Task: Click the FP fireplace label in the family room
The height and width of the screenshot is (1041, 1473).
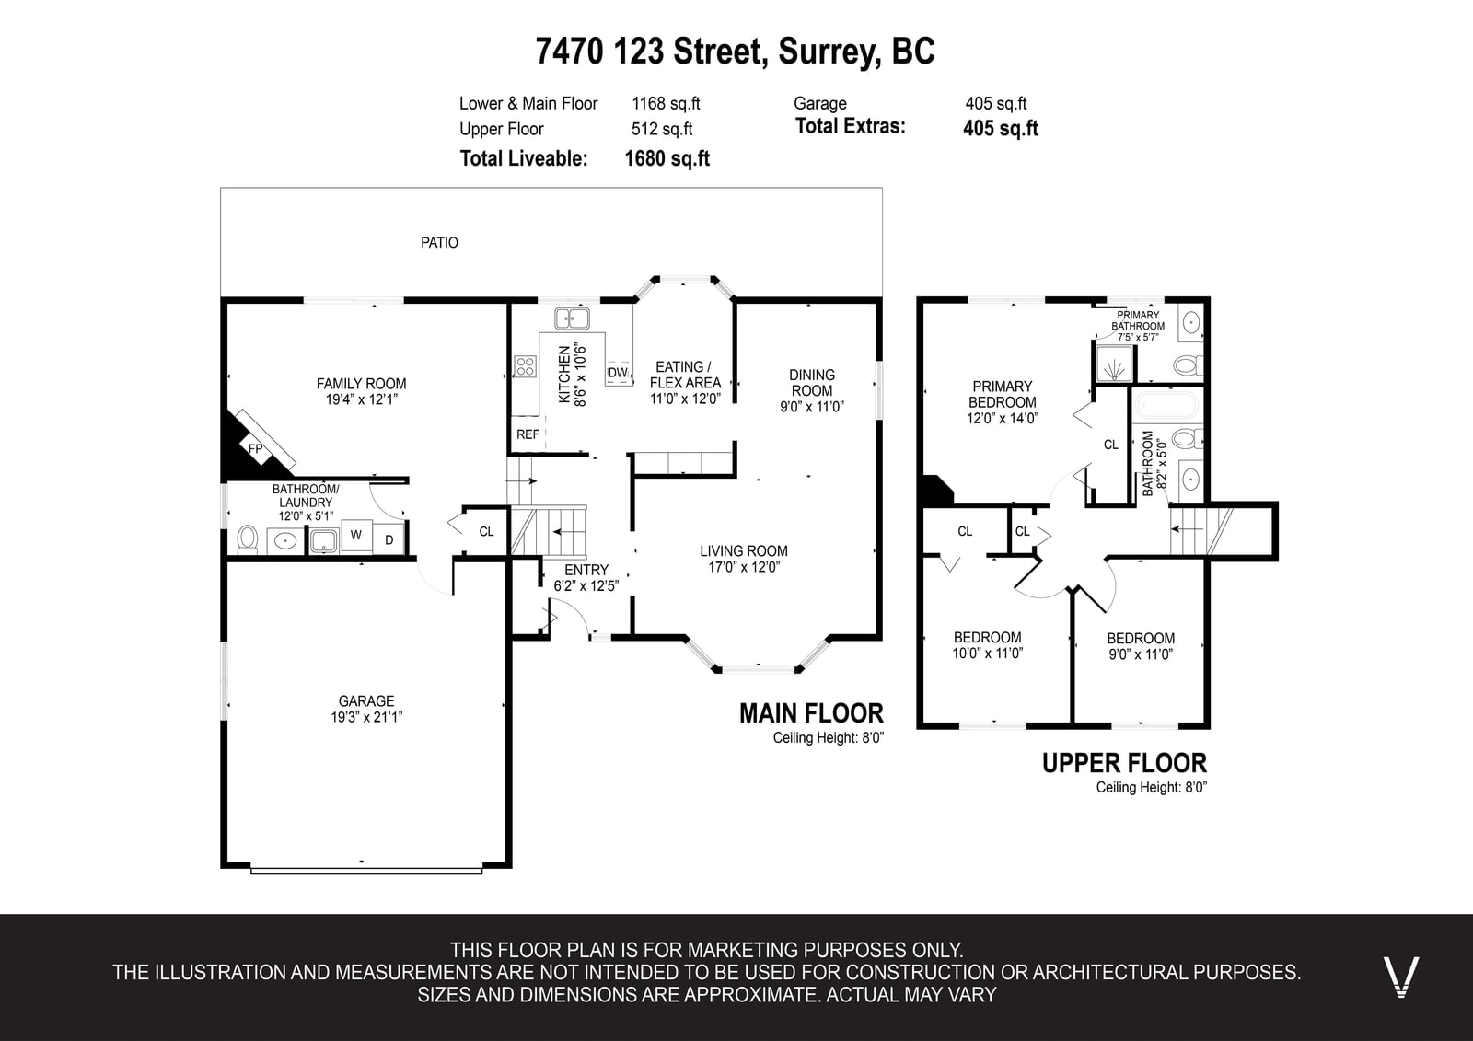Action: (x=256, y=449)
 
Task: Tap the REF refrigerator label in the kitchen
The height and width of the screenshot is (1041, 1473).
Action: (x=528, y=434)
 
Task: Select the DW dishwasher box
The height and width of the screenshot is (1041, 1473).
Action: (x=618, y=373)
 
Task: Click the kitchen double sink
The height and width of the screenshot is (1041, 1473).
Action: (x=572, y=318)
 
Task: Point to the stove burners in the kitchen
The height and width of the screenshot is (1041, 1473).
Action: (x=525, y=366)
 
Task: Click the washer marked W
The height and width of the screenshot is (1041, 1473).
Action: (x=356, y=535)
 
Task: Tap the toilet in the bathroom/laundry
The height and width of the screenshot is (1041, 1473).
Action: (x=248, y=539)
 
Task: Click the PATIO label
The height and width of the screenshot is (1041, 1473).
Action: (x=439, y=243)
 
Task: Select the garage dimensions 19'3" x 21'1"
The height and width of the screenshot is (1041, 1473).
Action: (x=366, y=717)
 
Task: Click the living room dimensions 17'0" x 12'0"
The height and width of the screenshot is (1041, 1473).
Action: (x=744, y=567)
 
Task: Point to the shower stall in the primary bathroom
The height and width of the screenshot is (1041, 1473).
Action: (x=1114, y=364)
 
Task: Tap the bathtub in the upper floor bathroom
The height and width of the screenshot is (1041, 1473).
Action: (x=1166, y=406)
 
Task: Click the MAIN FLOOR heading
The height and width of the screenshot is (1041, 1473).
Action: (x=811, y=713)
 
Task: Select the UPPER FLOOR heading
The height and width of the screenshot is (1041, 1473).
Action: (x=1124, y=763)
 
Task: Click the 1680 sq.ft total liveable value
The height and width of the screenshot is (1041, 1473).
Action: (x=667, y=158)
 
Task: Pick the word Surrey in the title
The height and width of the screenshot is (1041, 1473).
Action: (x=829, y=52)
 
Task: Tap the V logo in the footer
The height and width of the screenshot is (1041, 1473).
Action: (x=1400, y=977)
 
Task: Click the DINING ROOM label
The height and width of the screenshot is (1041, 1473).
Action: (x=812, y=383)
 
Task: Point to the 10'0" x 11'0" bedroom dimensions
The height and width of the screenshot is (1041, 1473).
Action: (x=988, y=653)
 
